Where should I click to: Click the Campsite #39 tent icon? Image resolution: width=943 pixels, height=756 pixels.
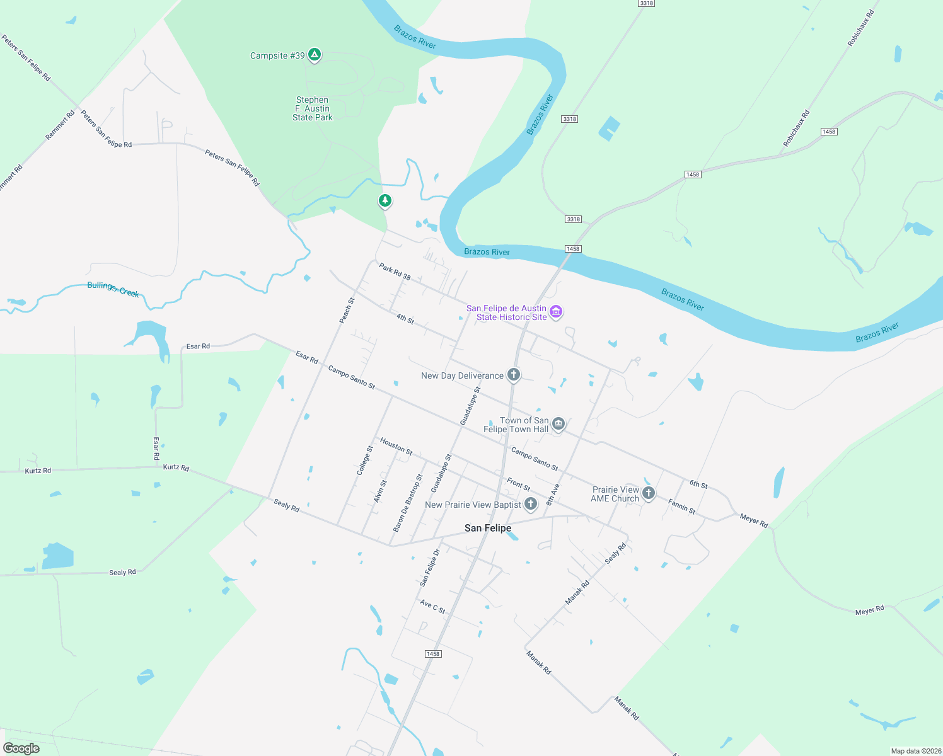coord(314,55)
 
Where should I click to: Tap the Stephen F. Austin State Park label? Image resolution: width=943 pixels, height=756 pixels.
coord(312,108)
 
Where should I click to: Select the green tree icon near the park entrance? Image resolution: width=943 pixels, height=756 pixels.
coord(385,201)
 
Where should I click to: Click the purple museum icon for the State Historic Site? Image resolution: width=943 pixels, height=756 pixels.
coord(556,312)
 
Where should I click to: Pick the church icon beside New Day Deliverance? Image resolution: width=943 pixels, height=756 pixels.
coord(514,375)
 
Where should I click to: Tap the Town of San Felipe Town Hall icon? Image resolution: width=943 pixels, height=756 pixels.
coord(558,424)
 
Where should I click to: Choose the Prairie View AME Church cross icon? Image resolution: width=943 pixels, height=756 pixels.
coord(648,493)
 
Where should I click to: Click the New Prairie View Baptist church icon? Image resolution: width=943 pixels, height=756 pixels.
coord(531,503)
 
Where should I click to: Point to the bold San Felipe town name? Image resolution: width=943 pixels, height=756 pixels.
coord(488,528)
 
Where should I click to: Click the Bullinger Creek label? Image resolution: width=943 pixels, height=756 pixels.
coord(113,289)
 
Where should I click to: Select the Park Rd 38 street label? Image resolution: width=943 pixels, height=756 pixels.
coord(395,272)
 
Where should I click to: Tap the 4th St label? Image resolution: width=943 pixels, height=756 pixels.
coord(405,319)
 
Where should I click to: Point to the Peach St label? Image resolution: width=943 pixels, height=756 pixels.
coord(347,311)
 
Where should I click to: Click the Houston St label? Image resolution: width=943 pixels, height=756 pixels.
coord(396,447)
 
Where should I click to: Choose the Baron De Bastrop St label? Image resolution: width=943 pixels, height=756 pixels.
coord(408,503)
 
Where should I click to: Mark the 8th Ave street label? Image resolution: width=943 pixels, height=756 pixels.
coord(553,495)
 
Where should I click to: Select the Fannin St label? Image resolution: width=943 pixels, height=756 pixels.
coord(681,507)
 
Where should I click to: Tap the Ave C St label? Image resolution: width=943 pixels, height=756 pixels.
coord(432,607)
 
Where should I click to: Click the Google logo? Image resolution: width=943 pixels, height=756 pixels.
coord(21,748)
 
